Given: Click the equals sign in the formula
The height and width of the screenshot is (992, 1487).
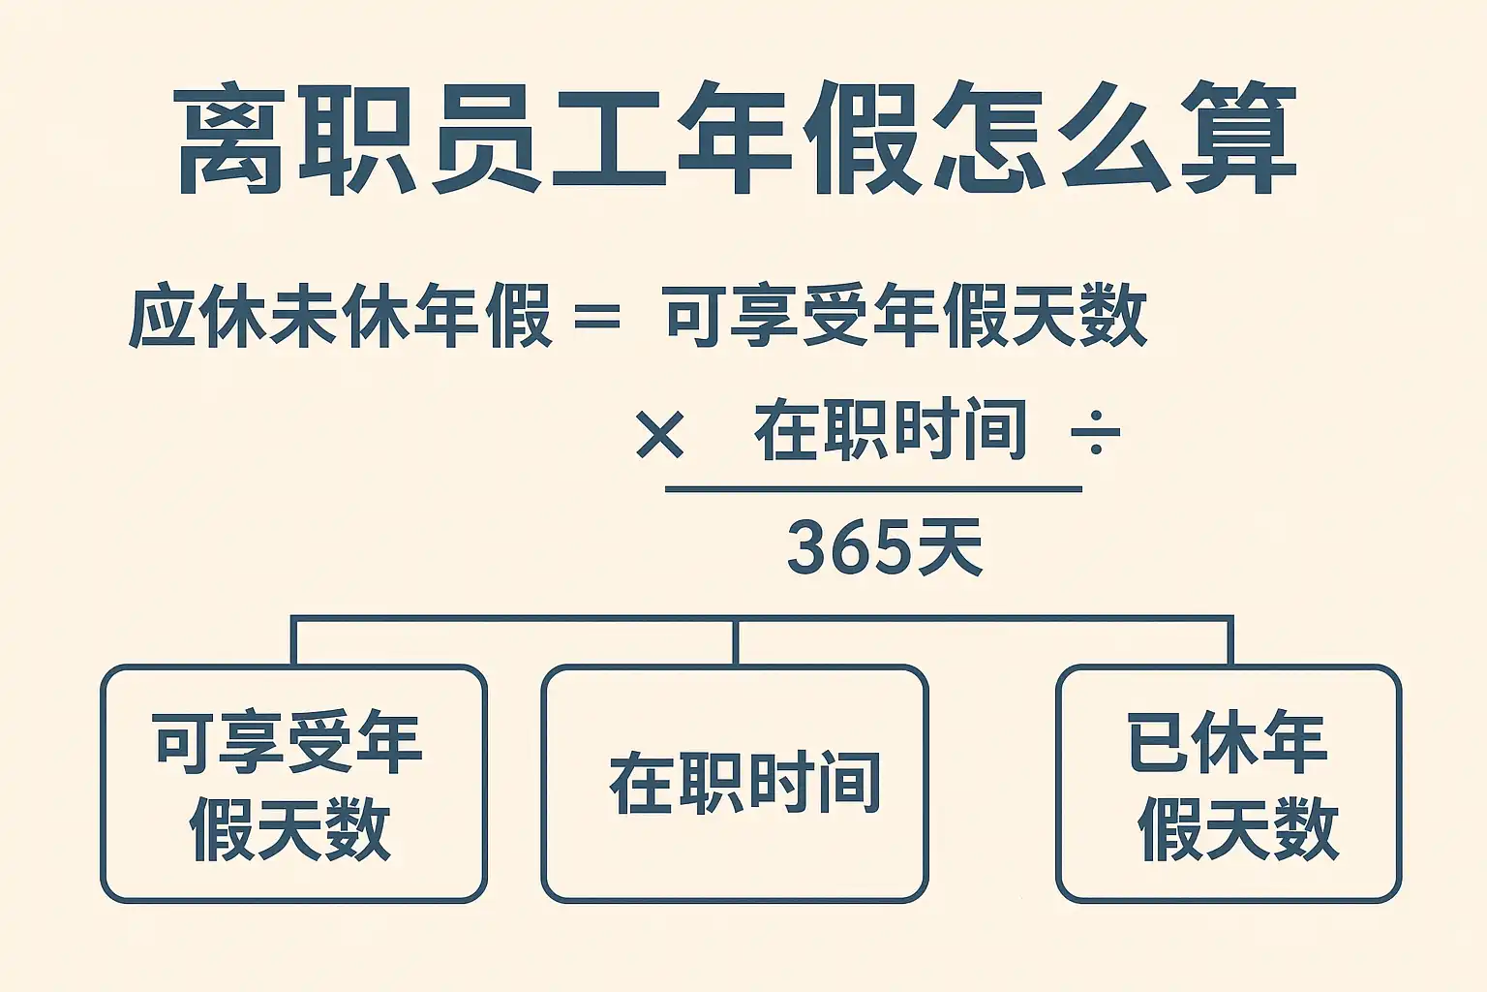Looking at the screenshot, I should (596, 316).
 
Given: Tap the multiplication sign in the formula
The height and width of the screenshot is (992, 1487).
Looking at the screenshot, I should (660, 434).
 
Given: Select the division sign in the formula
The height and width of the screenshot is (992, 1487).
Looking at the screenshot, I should (1095, 432).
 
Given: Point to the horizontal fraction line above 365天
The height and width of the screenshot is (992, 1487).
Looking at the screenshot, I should (873, 489).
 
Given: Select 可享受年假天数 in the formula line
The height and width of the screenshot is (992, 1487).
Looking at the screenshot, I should (905, 316).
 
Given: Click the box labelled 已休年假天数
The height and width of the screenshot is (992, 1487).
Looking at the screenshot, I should (1228, 784).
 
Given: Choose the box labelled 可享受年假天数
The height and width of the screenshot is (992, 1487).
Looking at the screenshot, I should (293, 784).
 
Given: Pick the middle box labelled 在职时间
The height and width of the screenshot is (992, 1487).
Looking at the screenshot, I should (735, 784).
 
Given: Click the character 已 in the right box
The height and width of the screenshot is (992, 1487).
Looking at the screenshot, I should (1158, 742).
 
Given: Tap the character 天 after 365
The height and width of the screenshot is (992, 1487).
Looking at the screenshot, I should (951, 547).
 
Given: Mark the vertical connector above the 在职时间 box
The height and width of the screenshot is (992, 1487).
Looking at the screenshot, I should (736, 641).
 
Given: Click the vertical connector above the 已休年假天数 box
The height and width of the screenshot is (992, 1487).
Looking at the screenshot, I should (1229, 641).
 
